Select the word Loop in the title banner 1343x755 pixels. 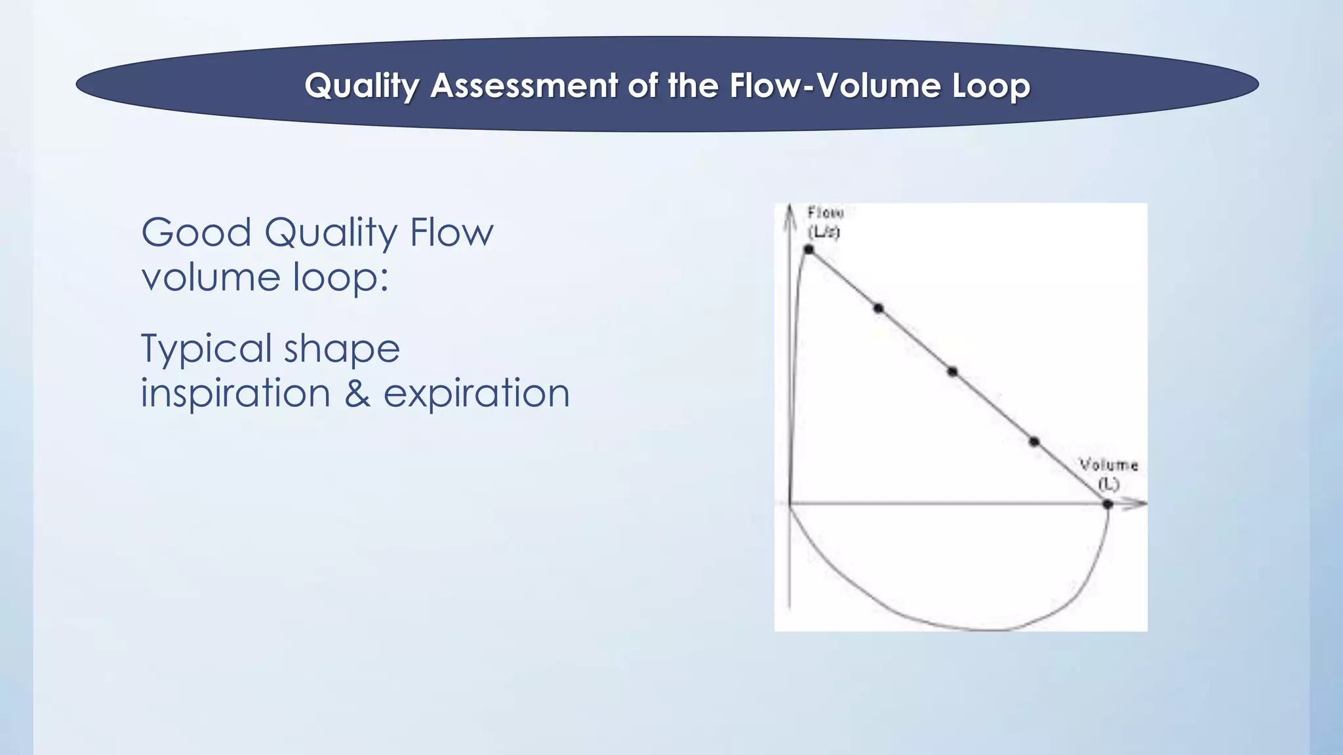[x=991, y=86]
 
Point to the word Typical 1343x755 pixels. [x=206, y=349]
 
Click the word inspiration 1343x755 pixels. [x=235, y=393]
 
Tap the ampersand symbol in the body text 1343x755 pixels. [x=357, y=393]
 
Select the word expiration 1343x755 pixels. [x=476, y=393]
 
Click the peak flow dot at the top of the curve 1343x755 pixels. [x=809, y=249]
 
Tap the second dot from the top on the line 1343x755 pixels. [x=879, y=308]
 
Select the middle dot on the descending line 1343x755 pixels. [x=952, y=372]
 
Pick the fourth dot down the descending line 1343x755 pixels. [x=1034, y=442]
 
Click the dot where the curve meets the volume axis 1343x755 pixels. [x=1108, y=504]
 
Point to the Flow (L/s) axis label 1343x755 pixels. [x=824, y=222]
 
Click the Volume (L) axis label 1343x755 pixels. [x=1108, y=474]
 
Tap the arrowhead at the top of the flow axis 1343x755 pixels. [x=790, y=213]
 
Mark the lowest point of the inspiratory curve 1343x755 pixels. [x=990, y=630]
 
